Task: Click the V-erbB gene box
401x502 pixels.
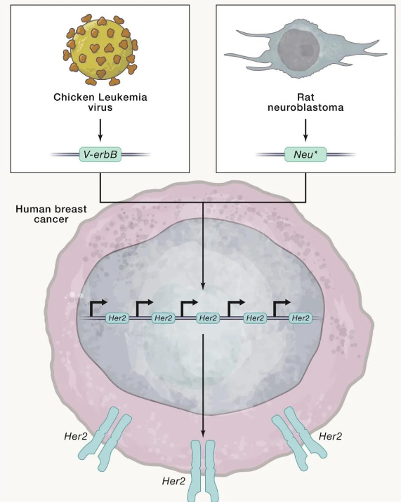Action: click(x=100, y=155)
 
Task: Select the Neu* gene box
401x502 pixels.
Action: click(x=305, y=155)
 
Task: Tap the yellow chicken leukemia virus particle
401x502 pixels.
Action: click(x=100, y=51)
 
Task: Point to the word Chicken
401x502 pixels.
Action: click(x=74, y=97)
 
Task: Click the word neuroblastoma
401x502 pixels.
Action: click(x=305, y=107)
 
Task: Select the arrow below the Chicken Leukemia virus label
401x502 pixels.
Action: click(x=100, y=130)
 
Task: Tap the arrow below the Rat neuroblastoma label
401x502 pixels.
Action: click(x=305, y=130)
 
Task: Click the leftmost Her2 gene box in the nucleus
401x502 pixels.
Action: click(x=117, y=318)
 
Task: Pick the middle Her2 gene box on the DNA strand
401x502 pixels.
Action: click(x=208, y=318)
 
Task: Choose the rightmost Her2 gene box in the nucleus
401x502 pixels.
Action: click(x=301, y=318)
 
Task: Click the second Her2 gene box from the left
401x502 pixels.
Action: click(x=164, y=318)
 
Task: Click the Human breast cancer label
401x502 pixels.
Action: click(x=51, y=214)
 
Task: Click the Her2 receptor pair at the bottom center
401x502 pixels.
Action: click(x=203, y=470)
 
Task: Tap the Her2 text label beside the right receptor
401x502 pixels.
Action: click(x=330, y=436)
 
